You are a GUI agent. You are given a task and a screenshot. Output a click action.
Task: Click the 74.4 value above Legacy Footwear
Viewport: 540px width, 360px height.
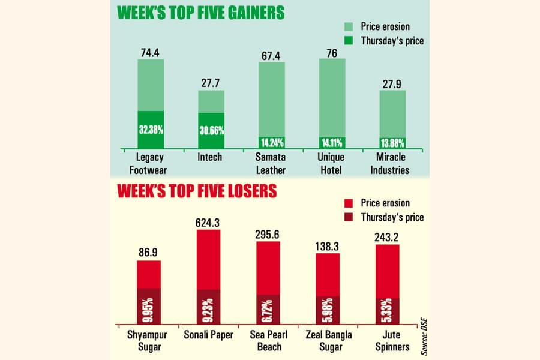150,53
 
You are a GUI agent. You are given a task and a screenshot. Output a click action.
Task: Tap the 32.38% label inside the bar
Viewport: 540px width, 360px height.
151,130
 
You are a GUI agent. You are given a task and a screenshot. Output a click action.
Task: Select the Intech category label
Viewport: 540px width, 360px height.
210,157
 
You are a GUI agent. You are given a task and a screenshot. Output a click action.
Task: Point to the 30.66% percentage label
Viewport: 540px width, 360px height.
212,131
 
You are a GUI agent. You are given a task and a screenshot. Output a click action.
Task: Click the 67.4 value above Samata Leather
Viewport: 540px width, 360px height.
271,56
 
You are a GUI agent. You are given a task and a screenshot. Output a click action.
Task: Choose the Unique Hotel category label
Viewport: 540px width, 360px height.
331,164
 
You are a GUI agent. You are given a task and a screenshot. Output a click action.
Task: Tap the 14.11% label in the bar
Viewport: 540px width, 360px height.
332,143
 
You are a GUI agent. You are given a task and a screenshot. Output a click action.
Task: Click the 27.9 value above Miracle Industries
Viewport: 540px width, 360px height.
392,84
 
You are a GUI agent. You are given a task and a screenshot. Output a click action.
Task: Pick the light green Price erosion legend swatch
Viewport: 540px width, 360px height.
349,26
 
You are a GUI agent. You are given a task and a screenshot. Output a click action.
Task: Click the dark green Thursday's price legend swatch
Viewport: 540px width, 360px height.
349,41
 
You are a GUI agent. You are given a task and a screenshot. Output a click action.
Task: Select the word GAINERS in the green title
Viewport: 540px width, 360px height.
242,13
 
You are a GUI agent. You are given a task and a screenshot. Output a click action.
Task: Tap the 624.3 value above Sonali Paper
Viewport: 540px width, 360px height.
208,223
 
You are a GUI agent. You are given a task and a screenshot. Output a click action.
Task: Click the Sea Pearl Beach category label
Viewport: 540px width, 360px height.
269,341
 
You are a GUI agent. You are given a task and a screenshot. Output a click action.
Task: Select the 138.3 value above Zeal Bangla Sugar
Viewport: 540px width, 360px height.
327,247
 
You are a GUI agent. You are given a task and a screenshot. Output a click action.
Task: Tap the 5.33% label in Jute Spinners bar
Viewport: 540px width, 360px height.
388,310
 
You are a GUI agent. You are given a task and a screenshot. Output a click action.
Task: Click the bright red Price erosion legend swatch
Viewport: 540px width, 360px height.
349,203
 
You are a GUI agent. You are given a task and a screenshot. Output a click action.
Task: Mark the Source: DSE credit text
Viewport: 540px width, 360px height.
424,337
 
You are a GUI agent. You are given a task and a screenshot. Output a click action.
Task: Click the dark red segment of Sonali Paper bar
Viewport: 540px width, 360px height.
208,307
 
